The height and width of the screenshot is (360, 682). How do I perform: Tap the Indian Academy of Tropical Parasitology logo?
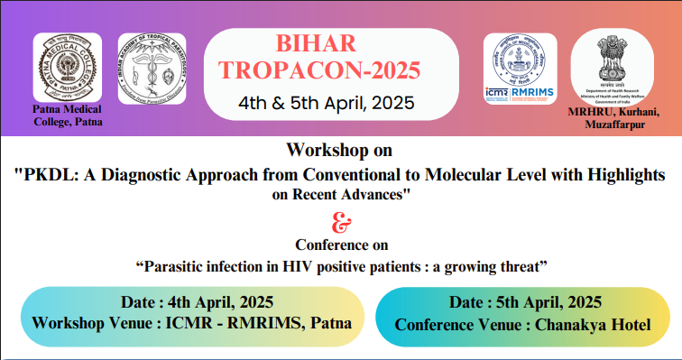[152, 69]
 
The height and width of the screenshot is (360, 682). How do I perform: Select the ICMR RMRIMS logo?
[520, 68]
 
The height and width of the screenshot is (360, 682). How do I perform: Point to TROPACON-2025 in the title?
[327, 72]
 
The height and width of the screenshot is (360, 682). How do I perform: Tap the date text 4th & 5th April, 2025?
[327, 102]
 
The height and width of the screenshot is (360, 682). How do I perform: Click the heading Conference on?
[340, 244]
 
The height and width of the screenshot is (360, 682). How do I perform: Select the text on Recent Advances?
[340, 193]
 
